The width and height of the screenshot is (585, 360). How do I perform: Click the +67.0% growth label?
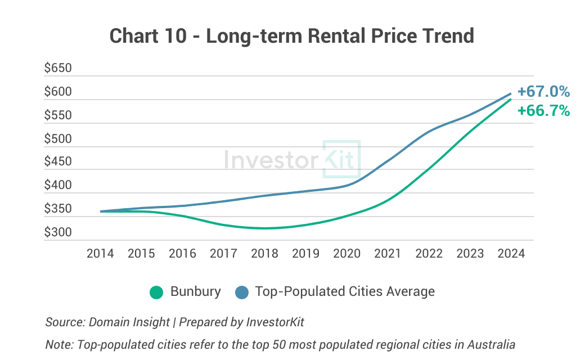point(543,92)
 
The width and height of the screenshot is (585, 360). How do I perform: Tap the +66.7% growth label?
point(543,111)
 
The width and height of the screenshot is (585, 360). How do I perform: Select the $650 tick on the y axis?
point(58,69)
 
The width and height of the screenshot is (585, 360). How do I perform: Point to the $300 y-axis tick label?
point(58,232)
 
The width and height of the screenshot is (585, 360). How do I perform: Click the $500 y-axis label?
point(58,139)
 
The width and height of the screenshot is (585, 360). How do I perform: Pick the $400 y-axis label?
point(58,186)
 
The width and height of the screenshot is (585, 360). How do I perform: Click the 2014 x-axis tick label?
point(100,254)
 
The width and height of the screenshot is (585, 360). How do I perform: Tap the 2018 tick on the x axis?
point(264,254)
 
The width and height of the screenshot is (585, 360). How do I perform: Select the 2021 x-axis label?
point(388,254)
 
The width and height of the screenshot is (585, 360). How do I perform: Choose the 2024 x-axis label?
point(511,254)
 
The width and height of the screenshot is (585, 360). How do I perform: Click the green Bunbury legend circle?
point(156,292)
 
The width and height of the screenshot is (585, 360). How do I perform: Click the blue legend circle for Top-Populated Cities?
point(241,292)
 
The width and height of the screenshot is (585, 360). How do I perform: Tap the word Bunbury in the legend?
point(195,292)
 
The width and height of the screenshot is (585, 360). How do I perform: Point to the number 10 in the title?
point(177,36)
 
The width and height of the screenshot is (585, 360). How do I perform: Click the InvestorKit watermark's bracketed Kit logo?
point(341,160)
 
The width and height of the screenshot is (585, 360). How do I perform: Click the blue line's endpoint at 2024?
point(511,93)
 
